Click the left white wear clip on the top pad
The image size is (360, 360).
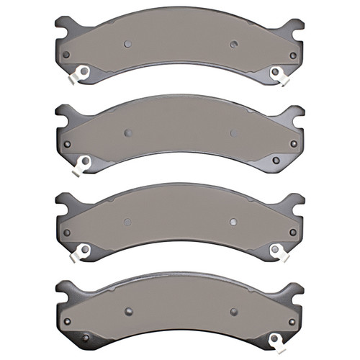click(x=81, y=72)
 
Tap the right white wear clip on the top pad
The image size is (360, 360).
click(x=276, y=72)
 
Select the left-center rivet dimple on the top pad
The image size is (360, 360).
click(x=127, y=43)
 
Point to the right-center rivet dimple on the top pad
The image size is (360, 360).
click(x=233, y=44)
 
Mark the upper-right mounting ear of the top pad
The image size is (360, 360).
click(x=295, y=27)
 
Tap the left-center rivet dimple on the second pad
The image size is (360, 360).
click(x=127, y=132)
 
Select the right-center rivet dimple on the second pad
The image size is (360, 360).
click(x=233, y=132)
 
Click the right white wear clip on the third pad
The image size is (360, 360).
click(x=276, y=250)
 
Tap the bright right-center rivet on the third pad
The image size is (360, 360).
click(x=233, y=222)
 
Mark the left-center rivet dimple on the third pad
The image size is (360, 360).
click(x=127, y=222)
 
